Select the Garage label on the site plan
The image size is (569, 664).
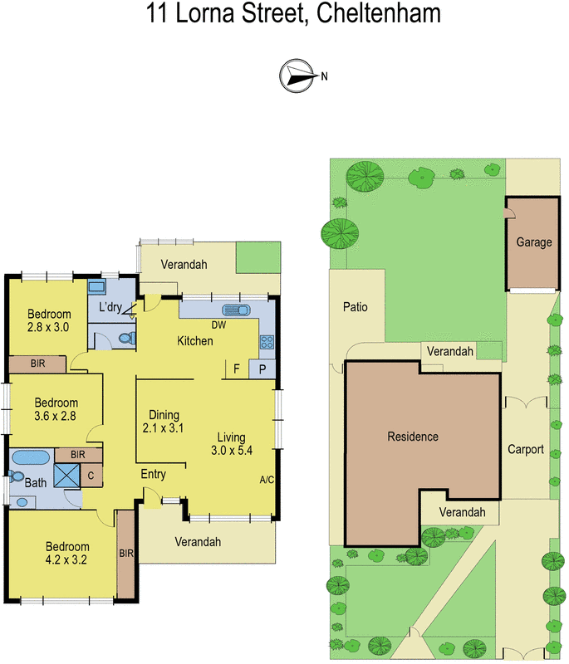pyautogui.click(x=534, y=242)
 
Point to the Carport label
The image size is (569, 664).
pyautogui.click(x=526, y=450)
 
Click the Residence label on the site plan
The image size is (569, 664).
pyautogui.click(x=413, y=437)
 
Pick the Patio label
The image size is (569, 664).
pyautogui.click(x=356, y=307)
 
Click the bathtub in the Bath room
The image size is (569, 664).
pyautogui.click(x=32, y=456)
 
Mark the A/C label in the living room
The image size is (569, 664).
pyautogui.click(x=267, y=479)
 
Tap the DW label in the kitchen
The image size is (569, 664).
pyautogui.click(x=218, y=325)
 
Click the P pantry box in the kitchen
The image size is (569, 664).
pyautogui.click(x=263, y=369)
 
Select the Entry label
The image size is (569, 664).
pyautogui.click(x=153, y=475)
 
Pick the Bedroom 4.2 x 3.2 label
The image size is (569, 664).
pyautogui.click(x=67, y=553)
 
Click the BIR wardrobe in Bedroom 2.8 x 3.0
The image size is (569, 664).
pyautogui.click(x=37, y=364)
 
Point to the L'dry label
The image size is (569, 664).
pyautogui.click(x=110, y=308)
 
